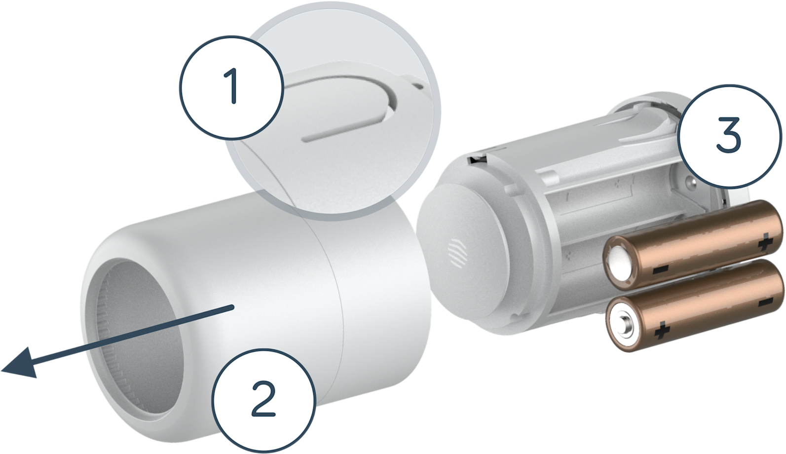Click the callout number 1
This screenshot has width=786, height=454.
(x=231, y=87)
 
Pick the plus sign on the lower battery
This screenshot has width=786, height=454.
(x=660, y=332)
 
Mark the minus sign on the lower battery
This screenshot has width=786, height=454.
(x=765, y=301)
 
